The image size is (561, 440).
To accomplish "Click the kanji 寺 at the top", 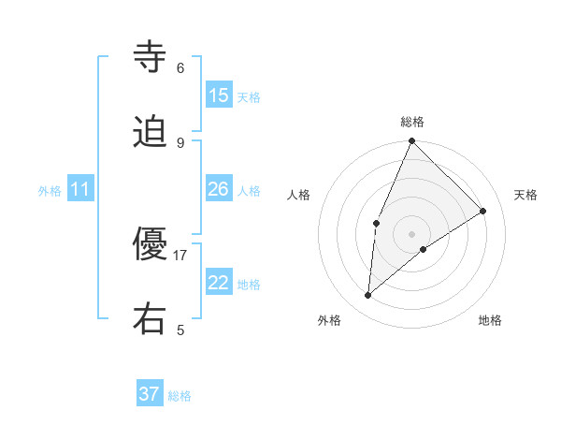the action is click(x=150, y=58).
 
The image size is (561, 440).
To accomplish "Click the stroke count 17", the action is click(x=180, y=255).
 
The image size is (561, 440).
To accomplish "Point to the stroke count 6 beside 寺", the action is click(x=180, y=67).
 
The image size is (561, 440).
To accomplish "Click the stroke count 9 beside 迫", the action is click(x=180, y=142).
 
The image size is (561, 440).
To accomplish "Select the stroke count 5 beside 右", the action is click(x=180, y=330).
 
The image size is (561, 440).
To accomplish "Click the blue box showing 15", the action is click(x=219, y=95).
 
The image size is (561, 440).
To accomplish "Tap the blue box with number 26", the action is click(x=219, y=189).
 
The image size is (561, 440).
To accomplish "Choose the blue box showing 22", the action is click(x=219, y=283).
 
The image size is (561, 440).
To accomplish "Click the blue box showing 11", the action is click(x=80, y=189).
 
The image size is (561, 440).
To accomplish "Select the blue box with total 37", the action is click(x=150, y=394).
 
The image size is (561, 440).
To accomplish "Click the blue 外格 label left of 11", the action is click(x=50, y=191).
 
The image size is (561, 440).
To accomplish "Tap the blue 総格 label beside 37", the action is click(x=180, y=396).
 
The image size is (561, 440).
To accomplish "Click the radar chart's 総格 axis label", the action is click(x=412, y=122).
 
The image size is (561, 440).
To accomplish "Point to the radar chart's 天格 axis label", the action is click(x=525, y=195).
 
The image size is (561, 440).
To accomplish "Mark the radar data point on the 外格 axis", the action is click(x=368, y=296).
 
